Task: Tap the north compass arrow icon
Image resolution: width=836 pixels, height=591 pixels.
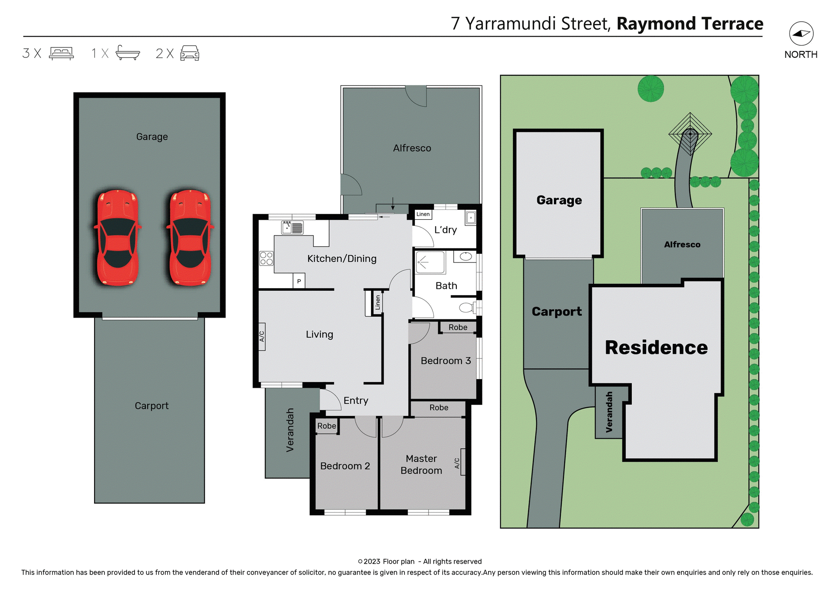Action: [801, 34]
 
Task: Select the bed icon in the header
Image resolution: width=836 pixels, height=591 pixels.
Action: [61, 53]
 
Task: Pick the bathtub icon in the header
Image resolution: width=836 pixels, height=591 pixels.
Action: [128, 53]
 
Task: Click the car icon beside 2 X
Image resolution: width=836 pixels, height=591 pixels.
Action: [190, 53]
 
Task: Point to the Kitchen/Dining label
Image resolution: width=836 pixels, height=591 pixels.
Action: [342, 259]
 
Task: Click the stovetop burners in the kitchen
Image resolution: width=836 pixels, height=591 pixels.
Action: [266, 258]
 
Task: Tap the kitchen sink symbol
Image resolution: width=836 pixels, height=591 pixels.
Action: [292, 228]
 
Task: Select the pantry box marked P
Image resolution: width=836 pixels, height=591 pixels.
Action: [299, 281]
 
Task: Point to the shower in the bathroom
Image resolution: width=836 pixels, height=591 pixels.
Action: [429, 262]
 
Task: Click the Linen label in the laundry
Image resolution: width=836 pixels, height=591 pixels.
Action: [423, 214]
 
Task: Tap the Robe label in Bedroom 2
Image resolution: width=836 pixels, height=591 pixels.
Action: [327, 426]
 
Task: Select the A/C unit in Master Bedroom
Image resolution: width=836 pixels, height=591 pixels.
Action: [462, 462]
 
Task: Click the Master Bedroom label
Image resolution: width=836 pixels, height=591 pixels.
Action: [421, 464]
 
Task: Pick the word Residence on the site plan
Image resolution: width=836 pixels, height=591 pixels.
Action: [656, 348]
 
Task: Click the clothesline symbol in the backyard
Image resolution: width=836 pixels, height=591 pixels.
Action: [690, 134]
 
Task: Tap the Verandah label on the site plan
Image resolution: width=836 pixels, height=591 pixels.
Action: [609, 412]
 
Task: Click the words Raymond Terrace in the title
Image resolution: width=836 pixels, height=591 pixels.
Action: [690, 24]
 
